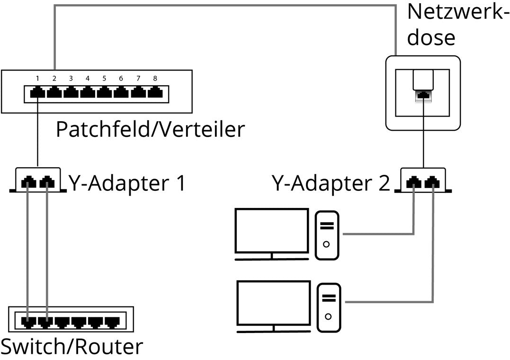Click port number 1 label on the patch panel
click(x=37, y=78)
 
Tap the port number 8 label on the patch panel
click(x=155, y=78)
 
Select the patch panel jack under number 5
click(x=104, y=92)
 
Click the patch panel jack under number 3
click(x=71, y=92)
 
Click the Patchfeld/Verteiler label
click(x=150, y=129)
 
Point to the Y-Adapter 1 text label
click(x=127, y=182)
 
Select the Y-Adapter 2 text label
click(x=331, y=182)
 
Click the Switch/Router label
click(x=72, y=347)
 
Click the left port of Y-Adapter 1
click(x=29, y=181)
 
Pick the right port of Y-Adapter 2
click(x=432, y=181)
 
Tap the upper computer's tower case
click(x=327, y=234)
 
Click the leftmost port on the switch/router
click(x=28, y=322)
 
